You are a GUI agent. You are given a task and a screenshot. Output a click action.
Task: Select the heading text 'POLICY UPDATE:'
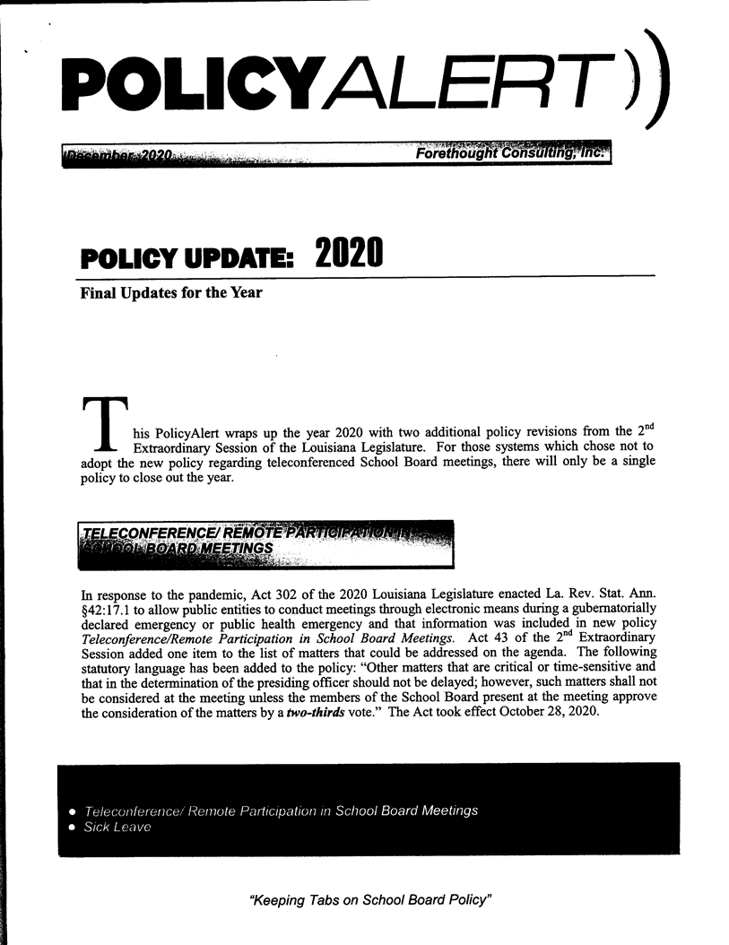click(187, 260)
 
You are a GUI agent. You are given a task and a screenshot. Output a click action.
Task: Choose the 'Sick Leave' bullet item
click(117, 828)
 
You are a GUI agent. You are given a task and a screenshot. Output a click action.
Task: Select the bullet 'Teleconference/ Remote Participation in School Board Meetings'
click(281, 811)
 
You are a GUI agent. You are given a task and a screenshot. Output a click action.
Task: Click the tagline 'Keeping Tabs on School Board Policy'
click(371, 899)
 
